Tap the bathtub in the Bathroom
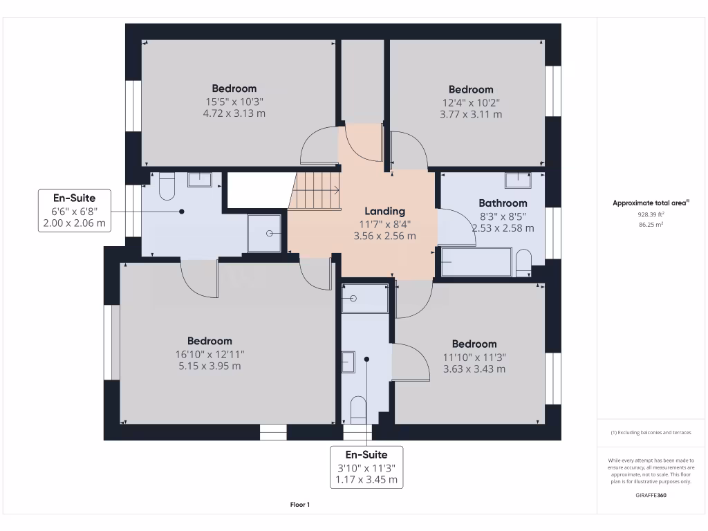tap(476, 262)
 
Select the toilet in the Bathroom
tap(523, 262)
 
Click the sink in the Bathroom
tap(517, 180)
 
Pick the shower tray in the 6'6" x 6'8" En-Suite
tap(265, 233)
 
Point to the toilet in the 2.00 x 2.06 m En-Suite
tap(167, 185)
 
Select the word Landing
tap(386, 211)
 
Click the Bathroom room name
tap(503, 203)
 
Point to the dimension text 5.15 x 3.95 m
tap(209, 366)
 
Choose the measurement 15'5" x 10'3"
tap(234, 101)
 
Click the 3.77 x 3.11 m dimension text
tap(471, 114)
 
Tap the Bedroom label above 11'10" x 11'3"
tap(474, 344)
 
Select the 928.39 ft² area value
tap(650, 215)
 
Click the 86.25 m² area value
tap(650, 225)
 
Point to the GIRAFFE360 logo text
tap(651, 495)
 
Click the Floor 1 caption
tap(300, 505)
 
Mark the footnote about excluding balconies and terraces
tap(651, 433)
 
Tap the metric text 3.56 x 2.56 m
tap(386, 236)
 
